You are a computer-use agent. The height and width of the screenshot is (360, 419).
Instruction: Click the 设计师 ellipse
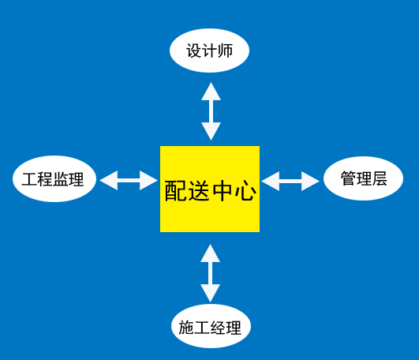click(210, 51)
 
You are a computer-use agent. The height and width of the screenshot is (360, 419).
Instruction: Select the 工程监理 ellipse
click(54, 178)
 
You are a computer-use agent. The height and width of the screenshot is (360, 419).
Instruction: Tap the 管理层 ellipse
click(364, 178)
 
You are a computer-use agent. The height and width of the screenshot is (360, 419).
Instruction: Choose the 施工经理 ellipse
click(211, 326)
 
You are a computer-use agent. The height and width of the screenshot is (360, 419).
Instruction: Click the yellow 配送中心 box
click(210, 189)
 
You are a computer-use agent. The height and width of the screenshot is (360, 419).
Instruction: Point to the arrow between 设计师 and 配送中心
click(211, 111)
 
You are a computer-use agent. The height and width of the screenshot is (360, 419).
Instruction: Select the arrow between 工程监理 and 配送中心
click(129, 181)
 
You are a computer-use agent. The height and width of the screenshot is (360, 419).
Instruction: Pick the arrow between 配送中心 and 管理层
click(290, 182)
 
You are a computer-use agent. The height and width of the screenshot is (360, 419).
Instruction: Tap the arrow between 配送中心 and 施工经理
click(211, 273)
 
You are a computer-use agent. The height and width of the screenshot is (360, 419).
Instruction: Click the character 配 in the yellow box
click(175, 190)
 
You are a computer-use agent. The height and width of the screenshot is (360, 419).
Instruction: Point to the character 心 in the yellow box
click(245, 190)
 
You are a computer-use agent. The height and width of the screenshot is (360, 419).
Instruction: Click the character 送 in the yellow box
click(199, 190)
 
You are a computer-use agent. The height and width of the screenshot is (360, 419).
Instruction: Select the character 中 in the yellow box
click(223, 190)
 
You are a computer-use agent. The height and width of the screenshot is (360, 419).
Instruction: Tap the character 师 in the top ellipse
click(225, 51)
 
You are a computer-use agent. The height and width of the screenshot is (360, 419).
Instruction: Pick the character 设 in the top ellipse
click(194, 51)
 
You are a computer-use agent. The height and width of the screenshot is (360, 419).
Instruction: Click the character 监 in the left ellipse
click(61, 179)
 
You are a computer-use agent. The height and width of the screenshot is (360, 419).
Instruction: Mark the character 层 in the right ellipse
click(380, 178)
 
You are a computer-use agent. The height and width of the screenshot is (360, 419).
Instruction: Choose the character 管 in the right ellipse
click(348, 178)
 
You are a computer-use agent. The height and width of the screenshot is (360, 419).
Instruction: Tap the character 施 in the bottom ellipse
click(186, 328)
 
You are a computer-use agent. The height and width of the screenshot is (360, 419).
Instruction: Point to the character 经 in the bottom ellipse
click(218, 328)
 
